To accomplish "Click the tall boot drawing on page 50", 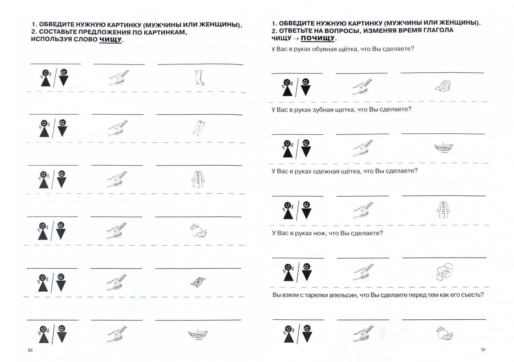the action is [x=199, y=78].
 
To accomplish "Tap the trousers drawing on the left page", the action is [x=199, y=128].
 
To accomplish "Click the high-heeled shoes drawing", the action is [x=443, y=85].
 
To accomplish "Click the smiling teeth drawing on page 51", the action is [x=444, y=148].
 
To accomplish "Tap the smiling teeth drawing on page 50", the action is [x=198, y=335].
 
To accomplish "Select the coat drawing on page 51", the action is [x=443, y=210].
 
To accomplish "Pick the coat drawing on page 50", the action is [x=198, y=179].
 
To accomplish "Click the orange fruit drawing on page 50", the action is [x=198, y=231].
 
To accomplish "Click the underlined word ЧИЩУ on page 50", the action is [x=110, y=39].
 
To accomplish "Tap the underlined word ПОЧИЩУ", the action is [x=317, y=38].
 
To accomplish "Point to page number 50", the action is [x=30, y=350].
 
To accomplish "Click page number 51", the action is [x=483, y=350].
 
